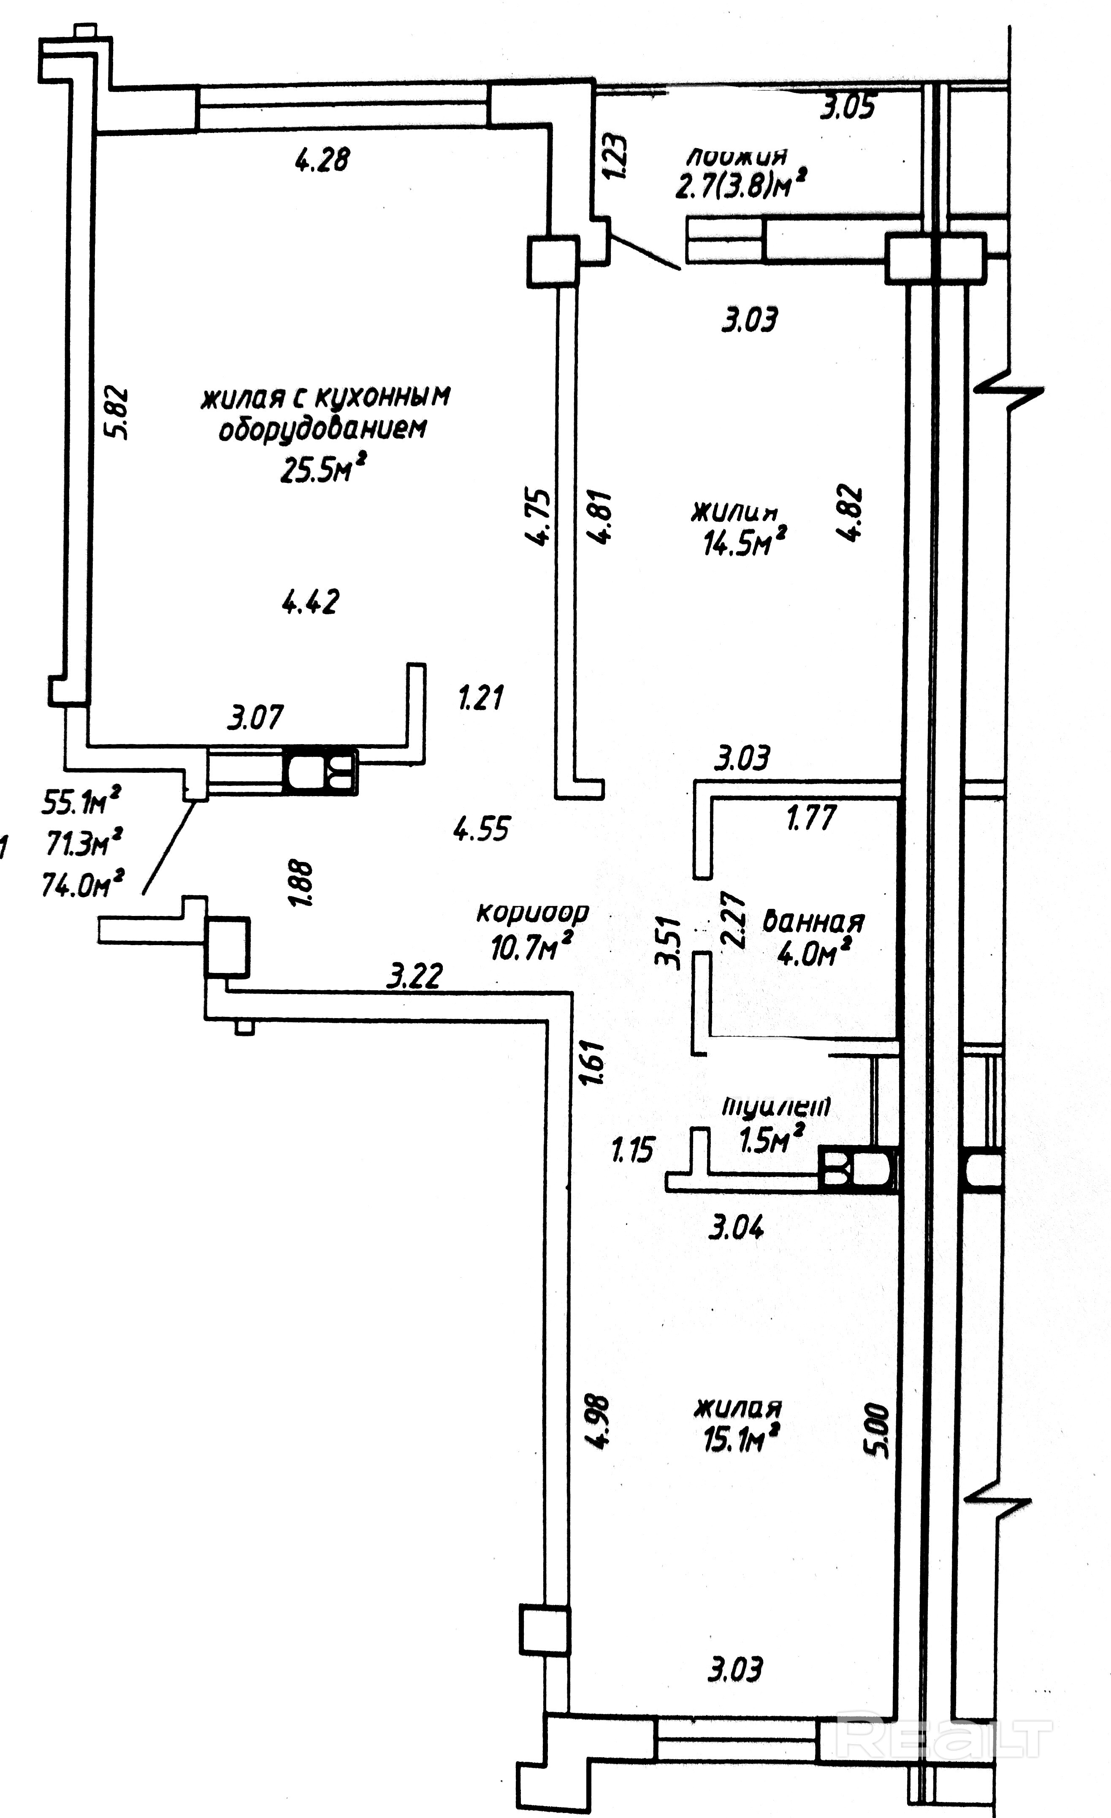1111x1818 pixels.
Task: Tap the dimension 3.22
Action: [x=415, y=977]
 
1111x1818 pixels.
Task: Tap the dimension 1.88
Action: [x=303, y=883]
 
